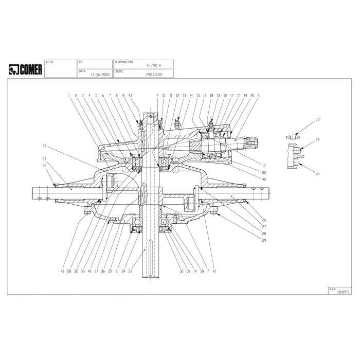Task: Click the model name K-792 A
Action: [x=153, y=66]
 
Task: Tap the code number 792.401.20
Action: [x=154, y=74]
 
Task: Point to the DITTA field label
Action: [x=49, y=61]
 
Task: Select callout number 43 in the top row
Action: [x=131, y=96]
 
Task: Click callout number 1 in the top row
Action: [x=68, y=96]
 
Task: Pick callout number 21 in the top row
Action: [x=259, y=96]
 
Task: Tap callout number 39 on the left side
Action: [x=45, y=145]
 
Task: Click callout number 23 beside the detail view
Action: [x=317, y=120]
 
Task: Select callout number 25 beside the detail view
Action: [x=317, y=174]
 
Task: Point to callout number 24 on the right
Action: [x=317, y=140]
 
